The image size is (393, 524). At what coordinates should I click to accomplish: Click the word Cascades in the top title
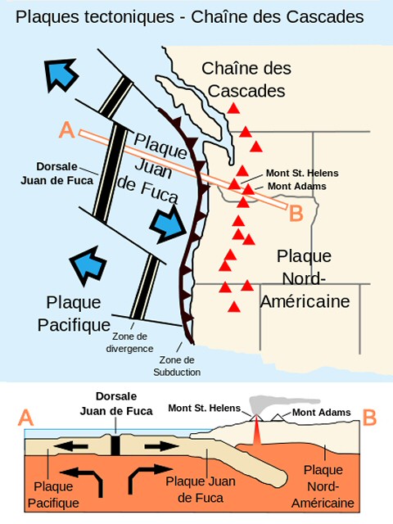[325, 16]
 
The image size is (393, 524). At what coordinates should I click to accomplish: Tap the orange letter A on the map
[67, 129]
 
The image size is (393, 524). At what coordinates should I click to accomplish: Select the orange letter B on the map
[296, 213]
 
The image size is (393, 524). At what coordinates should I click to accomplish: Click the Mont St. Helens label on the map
[302, 173]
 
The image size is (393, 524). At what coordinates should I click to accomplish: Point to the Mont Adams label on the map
[297, 186]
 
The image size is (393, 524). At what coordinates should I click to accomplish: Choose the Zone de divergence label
[129, 342]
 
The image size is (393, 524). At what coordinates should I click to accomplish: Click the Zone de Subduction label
[177, 366]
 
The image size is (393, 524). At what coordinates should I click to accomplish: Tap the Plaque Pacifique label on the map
[74, 314]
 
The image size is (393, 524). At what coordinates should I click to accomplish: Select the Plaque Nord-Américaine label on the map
[305, 278]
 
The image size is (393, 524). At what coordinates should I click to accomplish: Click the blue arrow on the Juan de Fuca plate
[168, 224]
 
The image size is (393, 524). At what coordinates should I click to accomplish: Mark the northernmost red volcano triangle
[233, 108]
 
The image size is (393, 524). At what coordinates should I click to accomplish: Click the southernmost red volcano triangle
[234, 307]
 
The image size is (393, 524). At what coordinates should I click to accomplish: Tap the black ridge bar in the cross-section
[115, 445]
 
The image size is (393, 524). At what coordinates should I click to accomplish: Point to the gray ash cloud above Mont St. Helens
[278, 404]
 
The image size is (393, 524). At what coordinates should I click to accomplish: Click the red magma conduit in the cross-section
[256, 431]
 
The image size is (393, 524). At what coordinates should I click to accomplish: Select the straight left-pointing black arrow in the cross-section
[71, 446]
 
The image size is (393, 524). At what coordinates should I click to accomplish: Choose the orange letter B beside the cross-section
[369, 418]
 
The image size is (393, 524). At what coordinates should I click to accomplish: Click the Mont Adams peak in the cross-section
[277, 418]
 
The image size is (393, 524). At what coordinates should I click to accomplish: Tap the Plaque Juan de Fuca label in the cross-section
[201, 490]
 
